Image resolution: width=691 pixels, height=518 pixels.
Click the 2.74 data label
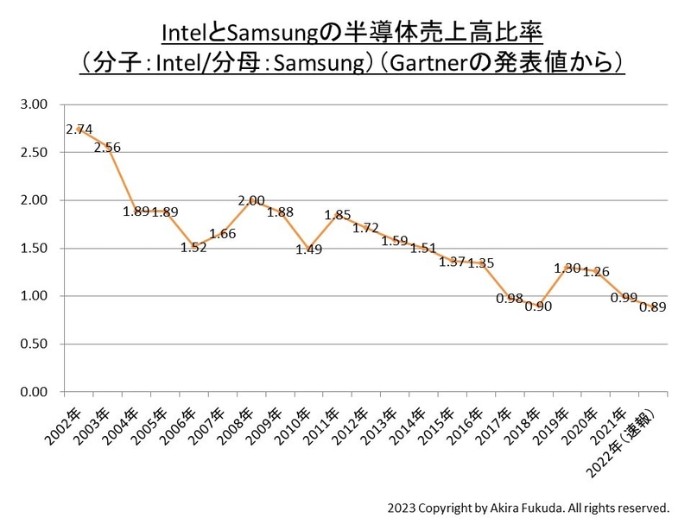click(x=79, y=129)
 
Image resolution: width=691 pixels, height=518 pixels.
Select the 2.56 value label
click(x=107, y=147)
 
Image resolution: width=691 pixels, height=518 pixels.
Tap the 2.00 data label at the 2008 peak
click(x=250, y=200)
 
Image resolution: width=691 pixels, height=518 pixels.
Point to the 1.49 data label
click(x=307, y=250)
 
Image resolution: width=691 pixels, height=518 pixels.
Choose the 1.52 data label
click(x=193, y=247)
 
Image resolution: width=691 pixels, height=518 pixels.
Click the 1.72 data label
click(x=365, y=229)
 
